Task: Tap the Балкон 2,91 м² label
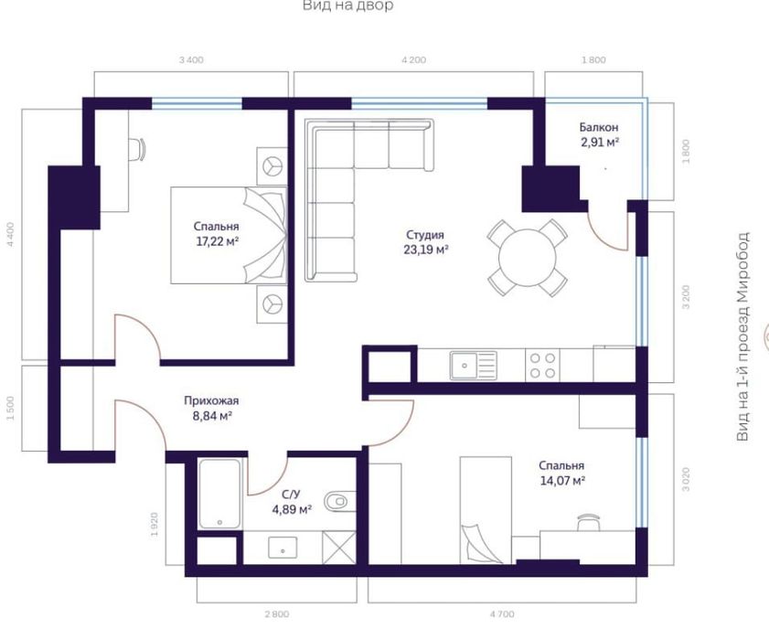click(x=599, y=135)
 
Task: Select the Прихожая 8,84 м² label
click(x=211, y=408)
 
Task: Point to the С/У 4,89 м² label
click(x=292, y=502)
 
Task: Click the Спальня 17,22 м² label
click(x=216, y=234)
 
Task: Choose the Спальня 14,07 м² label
click(x=561, y=472)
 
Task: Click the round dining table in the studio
click(x=526, y=257)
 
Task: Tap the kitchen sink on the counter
click(x=472, y=365)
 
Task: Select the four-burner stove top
click(x=540, y=365)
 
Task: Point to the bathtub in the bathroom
click(x=220, y=494)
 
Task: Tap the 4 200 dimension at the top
click(x=413, y=60)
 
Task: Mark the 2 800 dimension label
click(x=276, y=614)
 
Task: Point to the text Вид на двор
click(x=348, y=6)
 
